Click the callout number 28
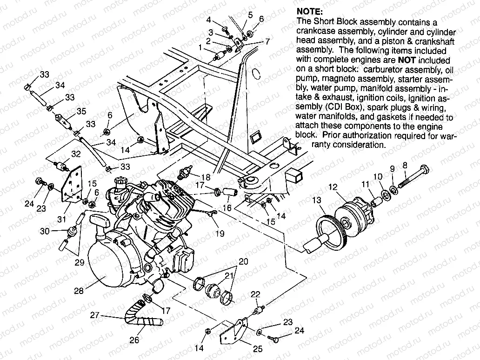(x=79, y=291)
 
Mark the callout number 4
(x=209, y=20)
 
